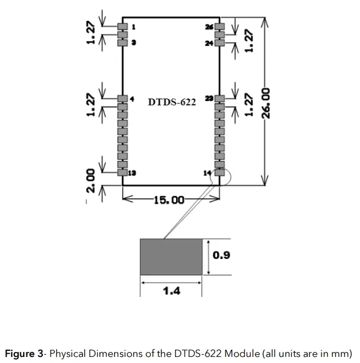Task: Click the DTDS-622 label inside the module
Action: point(172,102)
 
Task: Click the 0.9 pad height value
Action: point(221,256)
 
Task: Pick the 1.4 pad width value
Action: point(172,290)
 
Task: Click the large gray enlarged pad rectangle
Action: point(171,256)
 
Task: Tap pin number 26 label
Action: point(209,26)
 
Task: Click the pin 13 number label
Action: point(132,172)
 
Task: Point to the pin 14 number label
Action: point(208,173)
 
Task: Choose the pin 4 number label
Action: point(132,99)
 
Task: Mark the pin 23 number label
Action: point(209,99)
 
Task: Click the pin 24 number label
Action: point(209,43)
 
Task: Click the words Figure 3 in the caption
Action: point(24,353)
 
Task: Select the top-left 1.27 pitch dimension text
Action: point(92,32)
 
